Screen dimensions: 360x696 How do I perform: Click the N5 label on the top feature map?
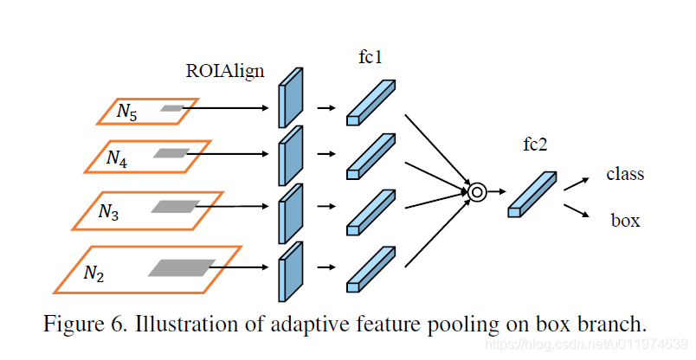pyautogui.click(x=126, y=112)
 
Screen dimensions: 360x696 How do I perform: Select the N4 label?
pyautogui.click(x=117, y=157)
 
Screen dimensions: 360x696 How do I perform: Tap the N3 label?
pyautogui.click(x=108, y=211)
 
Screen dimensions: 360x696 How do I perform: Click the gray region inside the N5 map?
pyautogui.click(x=172, y=108)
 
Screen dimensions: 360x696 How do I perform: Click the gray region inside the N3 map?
pyautogui.click(x=175, y=207)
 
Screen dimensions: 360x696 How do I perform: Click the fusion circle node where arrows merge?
pyautogui.click(x=476, y=192)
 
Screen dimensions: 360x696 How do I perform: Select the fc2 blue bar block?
pyautogui.click(x=531, y=194)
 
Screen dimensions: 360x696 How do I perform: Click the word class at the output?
pyautogui.click(x=625, y=174)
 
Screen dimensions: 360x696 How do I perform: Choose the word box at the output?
pyautogui.click(x=625, y=221)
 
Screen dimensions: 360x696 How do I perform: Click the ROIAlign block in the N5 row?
pyautogui.click(x=291, y=98)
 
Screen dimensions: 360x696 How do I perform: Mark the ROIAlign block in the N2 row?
pyautogui.click(x=291, y=270)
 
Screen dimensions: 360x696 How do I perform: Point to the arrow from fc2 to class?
pyautogui.click(x=576, y=183)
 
